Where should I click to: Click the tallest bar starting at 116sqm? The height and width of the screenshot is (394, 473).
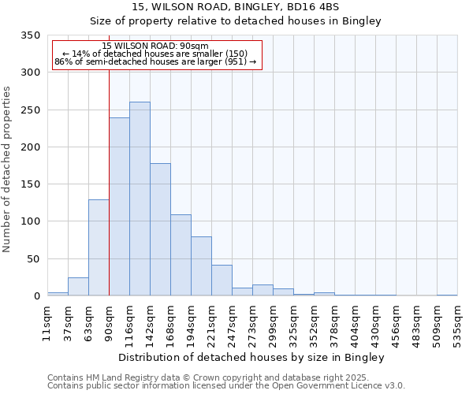point(140,199)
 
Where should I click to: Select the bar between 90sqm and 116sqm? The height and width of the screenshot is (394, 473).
point(119,206)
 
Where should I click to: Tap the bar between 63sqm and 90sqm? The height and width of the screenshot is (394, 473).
point(99,247)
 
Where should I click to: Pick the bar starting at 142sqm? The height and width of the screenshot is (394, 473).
point(160,229)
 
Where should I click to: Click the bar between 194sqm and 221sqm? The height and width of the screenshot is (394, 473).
point(201,266)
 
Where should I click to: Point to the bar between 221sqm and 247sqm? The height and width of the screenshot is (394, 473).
point(222,281)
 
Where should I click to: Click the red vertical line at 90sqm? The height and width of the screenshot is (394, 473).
point(109,173)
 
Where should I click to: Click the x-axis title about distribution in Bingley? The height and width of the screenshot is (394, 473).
point(251,357)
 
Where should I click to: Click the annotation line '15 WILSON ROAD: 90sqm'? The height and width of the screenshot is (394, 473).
point(155,46)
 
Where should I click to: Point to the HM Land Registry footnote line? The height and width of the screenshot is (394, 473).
point(225,377)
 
